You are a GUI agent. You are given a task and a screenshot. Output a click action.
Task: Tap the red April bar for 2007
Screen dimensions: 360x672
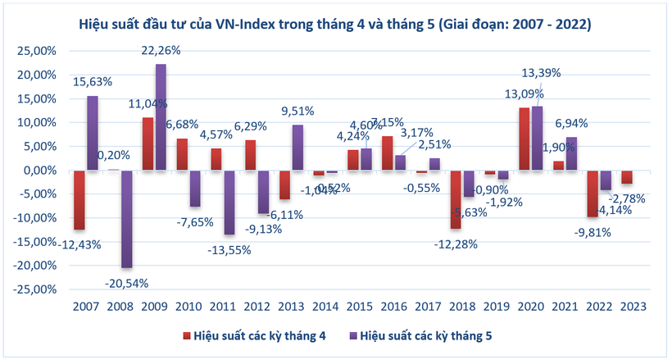click(79, 200)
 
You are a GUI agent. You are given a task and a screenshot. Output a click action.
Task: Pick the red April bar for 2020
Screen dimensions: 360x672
click(524, 139)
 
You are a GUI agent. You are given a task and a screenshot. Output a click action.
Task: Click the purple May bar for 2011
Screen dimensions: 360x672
click(229, 203)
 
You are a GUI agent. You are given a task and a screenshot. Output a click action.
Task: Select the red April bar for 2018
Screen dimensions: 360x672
click(456, 199)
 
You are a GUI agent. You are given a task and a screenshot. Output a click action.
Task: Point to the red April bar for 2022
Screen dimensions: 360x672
click(592, 194)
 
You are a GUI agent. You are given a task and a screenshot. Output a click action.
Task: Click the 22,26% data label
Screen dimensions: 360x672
click(161, 51)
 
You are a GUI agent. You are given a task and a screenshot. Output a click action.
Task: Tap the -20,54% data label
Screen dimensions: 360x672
click(126, 282)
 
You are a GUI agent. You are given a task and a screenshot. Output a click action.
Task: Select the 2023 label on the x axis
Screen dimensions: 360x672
click(633, 306)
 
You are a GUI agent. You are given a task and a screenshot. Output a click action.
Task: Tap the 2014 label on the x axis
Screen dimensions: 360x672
click(325, 306)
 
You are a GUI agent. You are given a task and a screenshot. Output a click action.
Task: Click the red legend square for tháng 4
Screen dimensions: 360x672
click(186, 335)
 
